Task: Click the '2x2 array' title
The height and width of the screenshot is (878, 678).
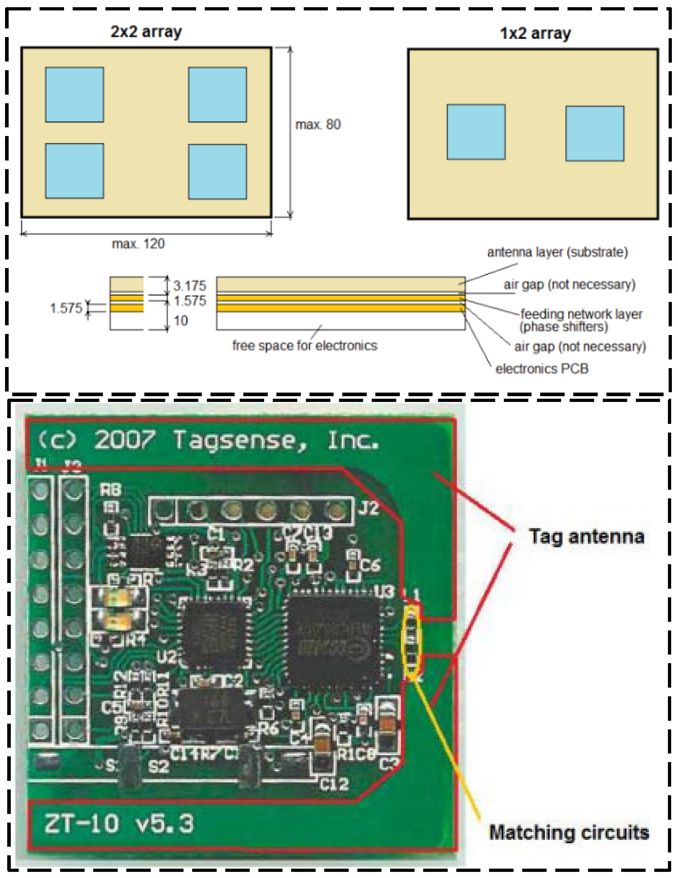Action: click(x=146, y=31)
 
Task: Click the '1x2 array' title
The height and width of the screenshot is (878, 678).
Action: click(x=535, y=33)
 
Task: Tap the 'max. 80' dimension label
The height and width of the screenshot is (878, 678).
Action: click(x=318, y=125)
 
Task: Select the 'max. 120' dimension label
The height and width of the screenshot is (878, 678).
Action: click(x=138, y=244)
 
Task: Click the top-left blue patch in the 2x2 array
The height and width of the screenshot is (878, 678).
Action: click(x=74, y=95)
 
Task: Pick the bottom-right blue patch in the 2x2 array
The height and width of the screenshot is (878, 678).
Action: click(x=218, y=172)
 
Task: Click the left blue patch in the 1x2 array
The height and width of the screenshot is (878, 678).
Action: click(x=476, y=132)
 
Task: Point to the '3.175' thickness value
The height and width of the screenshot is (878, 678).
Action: click(x=189, y=286)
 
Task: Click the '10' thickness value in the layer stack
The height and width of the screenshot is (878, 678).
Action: click(x=181, y=320)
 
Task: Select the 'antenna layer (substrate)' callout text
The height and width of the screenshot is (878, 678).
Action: click(x=557, y=252)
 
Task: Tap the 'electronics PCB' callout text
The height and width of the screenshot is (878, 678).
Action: click(x=542, y=368)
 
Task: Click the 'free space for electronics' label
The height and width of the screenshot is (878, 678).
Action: click(x=304, y=345)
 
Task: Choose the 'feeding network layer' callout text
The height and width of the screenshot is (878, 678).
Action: click(x=581, y=314)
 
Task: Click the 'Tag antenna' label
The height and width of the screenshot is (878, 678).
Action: click(x=586, y=537)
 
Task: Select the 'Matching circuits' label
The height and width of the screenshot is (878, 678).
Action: click(x=569, y=833)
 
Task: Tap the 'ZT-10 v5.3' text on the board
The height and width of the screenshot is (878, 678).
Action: click(x=119, y=824)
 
